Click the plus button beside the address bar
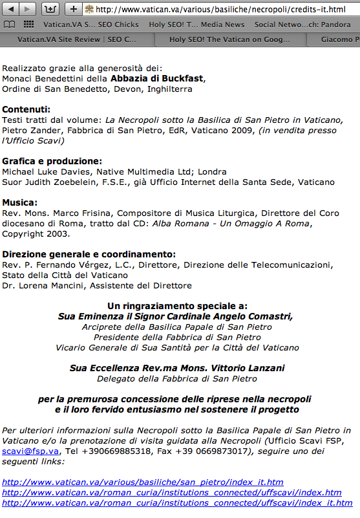pos(73,9)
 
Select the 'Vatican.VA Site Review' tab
pos(78,39)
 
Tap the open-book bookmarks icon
pos(10,25)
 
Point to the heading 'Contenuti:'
pos(26,109)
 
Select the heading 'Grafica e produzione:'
pos(52,161)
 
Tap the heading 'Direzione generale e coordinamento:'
pos(89,254)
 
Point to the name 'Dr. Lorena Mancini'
pos(43,286)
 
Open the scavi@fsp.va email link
pos(30,451)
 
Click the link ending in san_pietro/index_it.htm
pos(143,482)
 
